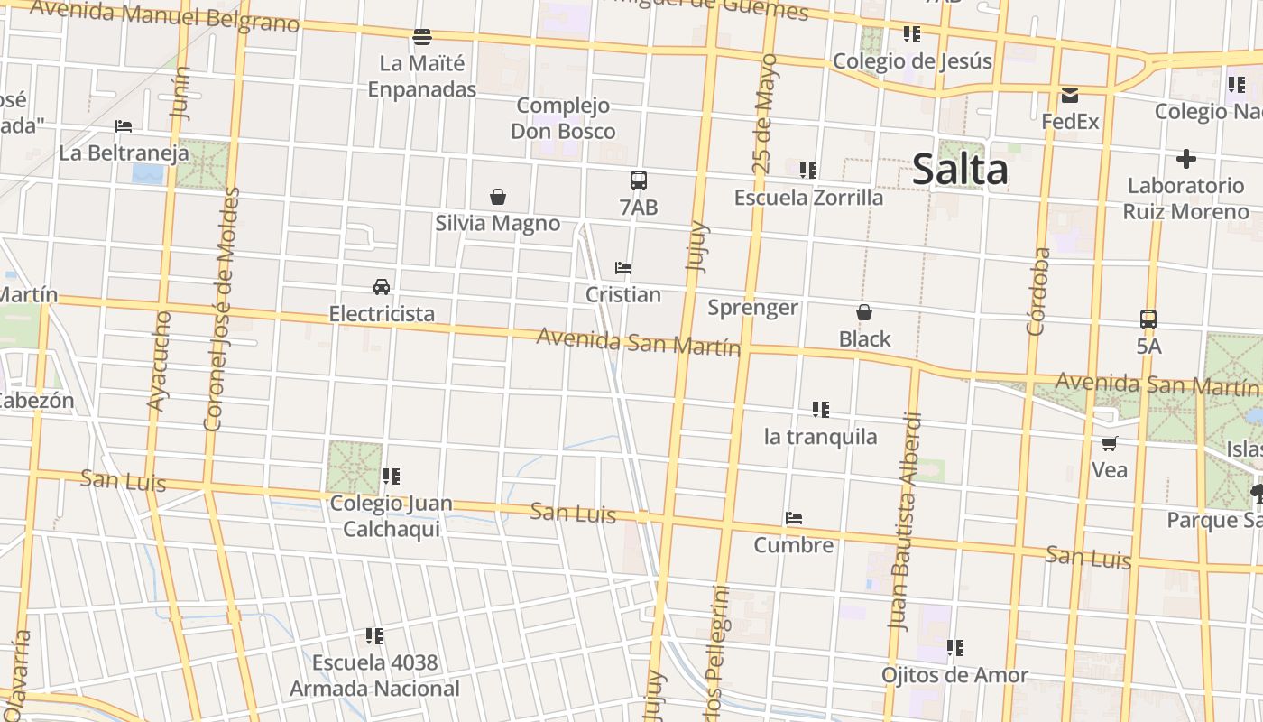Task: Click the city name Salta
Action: [x=960, y=170]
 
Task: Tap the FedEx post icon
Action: [x=1070, y=96]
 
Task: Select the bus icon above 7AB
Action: [x=639, y=180]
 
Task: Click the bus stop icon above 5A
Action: [x=1148, y=319]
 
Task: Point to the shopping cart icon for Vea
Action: [x=1110, y=443]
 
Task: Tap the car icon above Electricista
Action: [x=382, y=287]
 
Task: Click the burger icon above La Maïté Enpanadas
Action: [x=422, y=37]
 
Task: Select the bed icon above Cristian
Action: [x=622, y=268]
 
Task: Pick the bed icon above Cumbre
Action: [x=794, y=518]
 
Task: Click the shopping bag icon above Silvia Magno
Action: [x=497, y=197]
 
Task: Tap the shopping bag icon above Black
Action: [x=864, y=312]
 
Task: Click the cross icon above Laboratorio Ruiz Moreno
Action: [x=1186, y=160]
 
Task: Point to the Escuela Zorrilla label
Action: [x=809, y=198]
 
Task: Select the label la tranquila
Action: [x=820, y=437]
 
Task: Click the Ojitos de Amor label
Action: [x=954, y=675]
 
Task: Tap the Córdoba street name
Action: [x=1038, y=291]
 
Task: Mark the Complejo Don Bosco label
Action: [x=564, y=118]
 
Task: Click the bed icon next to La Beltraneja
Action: [x=124, y=126]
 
